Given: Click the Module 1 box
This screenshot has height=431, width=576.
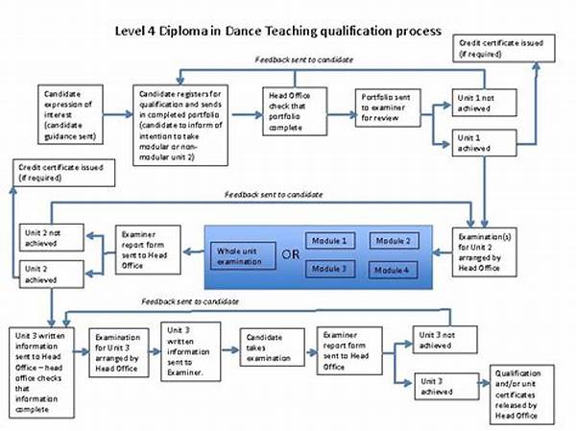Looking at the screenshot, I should coord(329,239).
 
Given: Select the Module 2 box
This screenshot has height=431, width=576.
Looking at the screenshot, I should coord(395,240).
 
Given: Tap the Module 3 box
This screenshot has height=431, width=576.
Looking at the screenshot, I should coord(329,270).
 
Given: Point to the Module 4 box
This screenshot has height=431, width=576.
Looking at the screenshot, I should coord(395,270).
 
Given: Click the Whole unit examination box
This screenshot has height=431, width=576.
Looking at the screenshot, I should coord(239,254).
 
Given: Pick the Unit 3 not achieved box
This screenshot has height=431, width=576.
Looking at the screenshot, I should coord(444,339).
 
